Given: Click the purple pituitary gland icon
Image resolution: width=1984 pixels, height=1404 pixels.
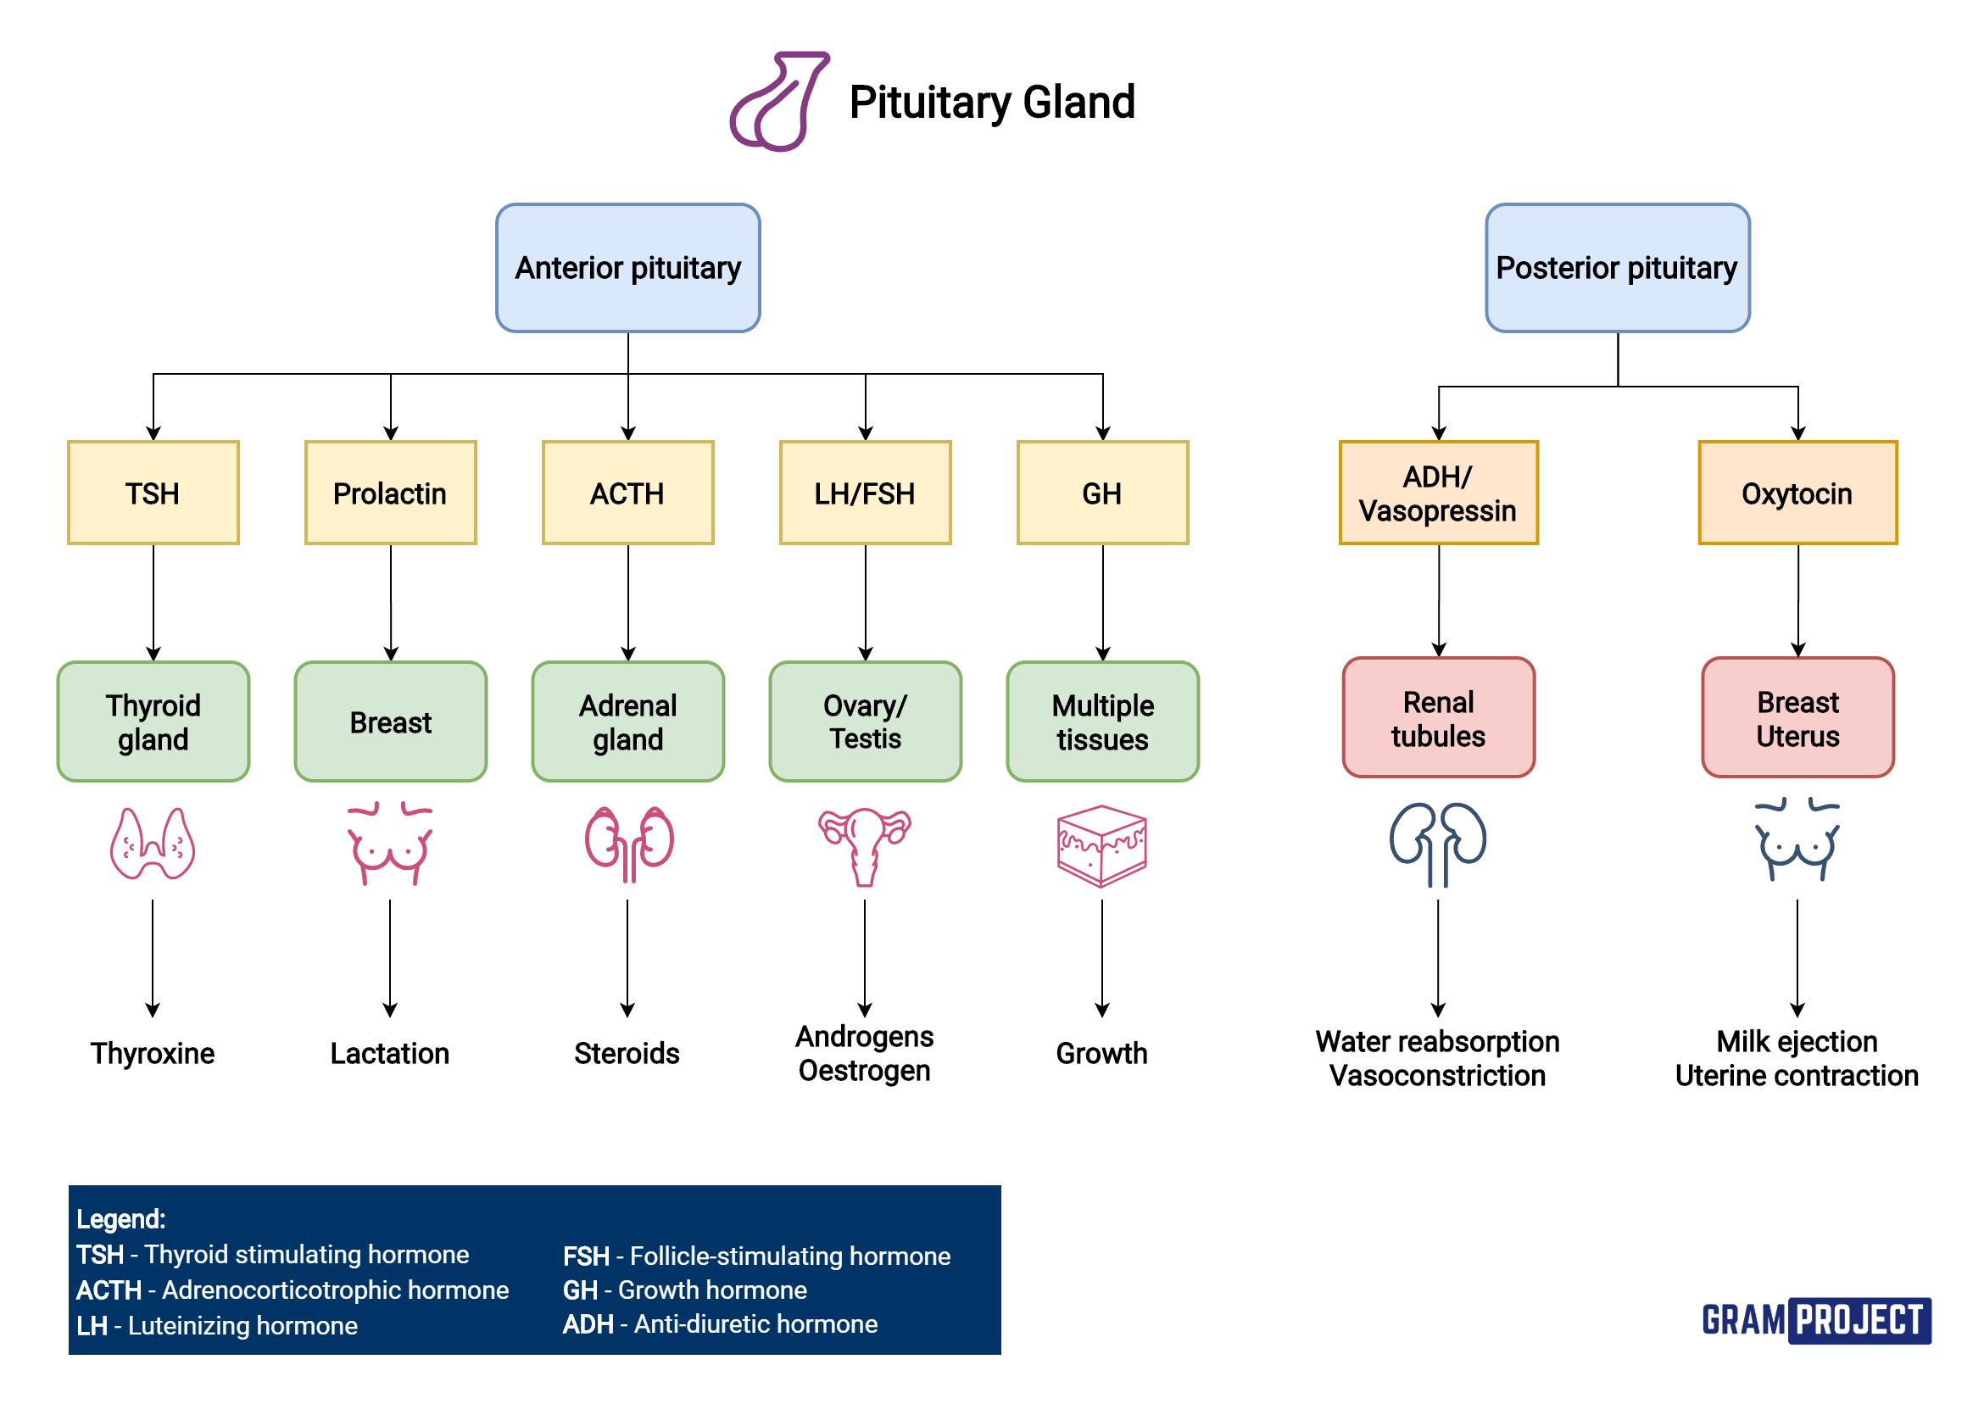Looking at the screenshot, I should click(778, 102).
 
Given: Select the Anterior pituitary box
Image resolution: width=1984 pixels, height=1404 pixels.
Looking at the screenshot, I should click(627, 268).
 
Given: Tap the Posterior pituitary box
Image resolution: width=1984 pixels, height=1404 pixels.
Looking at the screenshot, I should click(1617, 268).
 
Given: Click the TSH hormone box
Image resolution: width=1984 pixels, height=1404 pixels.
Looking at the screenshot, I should click(153, 493).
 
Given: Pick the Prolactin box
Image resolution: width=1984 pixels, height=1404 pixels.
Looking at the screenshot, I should click(390, 493).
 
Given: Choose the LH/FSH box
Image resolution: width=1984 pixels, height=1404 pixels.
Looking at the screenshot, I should click(865, 493).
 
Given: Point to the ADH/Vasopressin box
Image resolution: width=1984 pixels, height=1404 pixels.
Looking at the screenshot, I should click(1438, 493).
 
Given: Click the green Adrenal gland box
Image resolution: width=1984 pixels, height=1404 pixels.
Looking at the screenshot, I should click(627, 721).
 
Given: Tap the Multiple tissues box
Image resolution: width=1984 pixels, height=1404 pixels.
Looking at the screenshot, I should click(1102, 721).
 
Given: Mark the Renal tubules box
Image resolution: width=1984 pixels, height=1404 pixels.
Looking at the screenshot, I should click(1438, 717).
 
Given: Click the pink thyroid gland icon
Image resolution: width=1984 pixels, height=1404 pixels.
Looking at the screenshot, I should click(153, 844).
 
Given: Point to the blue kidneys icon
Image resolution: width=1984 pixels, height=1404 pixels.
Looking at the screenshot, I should click(1438, 844).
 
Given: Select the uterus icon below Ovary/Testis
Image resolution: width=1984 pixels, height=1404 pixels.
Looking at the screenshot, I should click(865, 845).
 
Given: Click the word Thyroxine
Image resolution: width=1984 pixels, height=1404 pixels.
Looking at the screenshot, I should click(153, 1053).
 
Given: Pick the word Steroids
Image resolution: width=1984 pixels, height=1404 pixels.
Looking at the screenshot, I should click(627, 1053).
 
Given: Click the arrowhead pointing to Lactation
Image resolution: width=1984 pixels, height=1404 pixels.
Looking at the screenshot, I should click(390, 1010).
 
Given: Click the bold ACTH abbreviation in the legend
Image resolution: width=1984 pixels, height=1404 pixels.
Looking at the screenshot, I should click(109, 1290).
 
